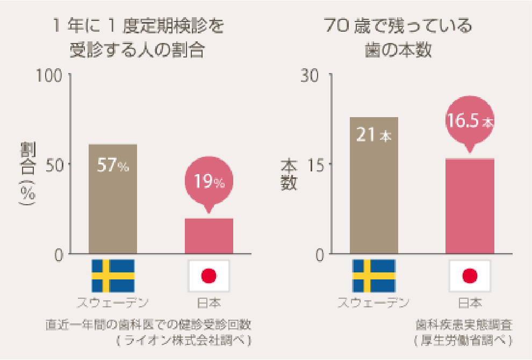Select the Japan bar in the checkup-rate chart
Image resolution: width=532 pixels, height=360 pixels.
pos(209,236)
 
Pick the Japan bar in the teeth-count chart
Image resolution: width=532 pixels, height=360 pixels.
pos(470,207)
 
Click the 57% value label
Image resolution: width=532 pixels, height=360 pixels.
pos(113,165)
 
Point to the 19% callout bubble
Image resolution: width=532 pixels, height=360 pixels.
pos(209,182)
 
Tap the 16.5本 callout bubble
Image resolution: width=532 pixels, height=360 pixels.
pos(470,121)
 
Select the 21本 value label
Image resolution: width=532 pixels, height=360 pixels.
pos(374,135)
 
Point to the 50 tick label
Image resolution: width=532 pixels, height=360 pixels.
pos(56,164)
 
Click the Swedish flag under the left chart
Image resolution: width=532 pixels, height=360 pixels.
pos(113,276)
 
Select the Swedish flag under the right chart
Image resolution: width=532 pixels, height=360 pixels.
pos(373,276)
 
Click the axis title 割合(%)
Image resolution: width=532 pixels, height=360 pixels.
pos(27,175)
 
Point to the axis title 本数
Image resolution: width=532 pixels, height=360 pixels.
pos(289,174)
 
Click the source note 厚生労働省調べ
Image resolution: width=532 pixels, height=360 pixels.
pos(463,341)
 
